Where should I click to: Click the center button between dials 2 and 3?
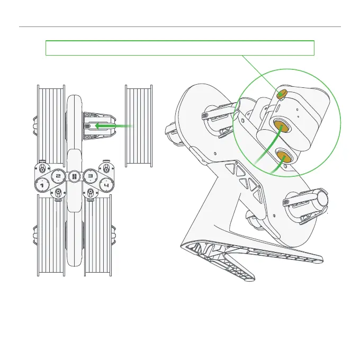(x=74, y=176)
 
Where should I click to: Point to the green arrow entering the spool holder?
(x=114, y=126)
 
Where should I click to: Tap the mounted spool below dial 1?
(x=50, y=236)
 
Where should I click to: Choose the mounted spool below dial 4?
(x=97, y=236)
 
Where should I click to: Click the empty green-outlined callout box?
(x=180, y=48)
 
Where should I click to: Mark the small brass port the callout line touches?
(x=283, y=94)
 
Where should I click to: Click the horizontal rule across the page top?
(x=180, y=26)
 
